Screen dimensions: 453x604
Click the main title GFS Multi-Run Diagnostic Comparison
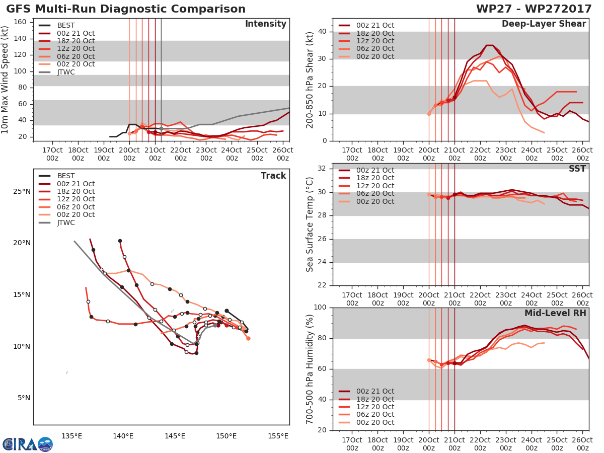tap(126, 9)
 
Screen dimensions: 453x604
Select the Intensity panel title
tap(265, 24)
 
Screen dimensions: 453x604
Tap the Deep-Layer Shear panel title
tap(544, 24)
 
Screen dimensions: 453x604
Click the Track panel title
tap(273, 176)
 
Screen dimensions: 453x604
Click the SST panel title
tap(577, 169)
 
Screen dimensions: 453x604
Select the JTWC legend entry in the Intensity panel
tap(66, 72)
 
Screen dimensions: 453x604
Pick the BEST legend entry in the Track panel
tap(66, 176)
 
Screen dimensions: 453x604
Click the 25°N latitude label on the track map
tap(21, 191)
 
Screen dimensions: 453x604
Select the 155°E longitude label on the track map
tap(278, 436)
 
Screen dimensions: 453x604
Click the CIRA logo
tap(27, 444)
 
